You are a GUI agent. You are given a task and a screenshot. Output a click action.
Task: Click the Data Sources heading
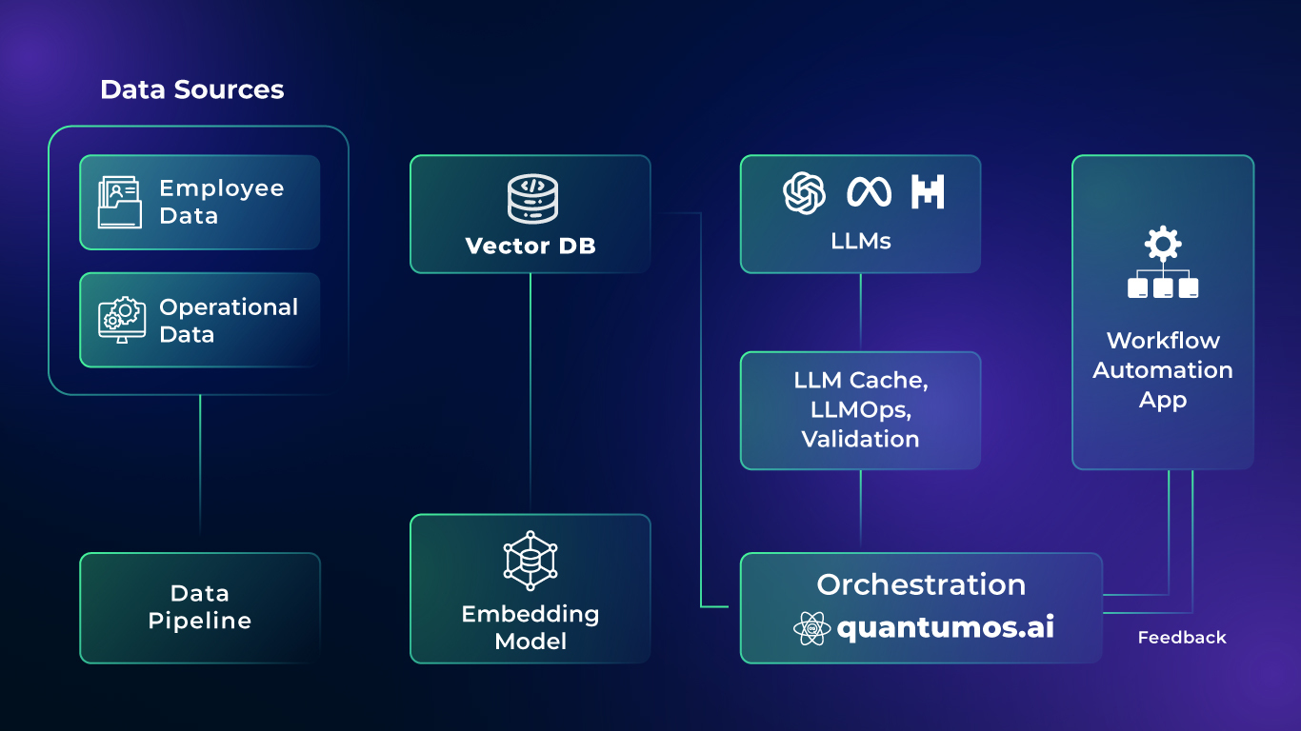tap(191, 89)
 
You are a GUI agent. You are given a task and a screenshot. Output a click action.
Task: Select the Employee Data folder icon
tap(119, 203)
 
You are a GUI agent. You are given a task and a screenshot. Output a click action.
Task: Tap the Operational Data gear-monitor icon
tap(121, 321)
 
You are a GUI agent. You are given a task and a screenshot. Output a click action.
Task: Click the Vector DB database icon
tap(531, 199)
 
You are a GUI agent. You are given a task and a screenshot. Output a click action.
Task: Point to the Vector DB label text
tap(530, 247)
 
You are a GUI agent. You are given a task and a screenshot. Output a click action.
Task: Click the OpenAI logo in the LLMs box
tap(805, 192)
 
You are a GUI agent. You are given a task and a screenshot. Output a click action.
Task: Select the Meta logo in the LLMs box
tap(869, 193)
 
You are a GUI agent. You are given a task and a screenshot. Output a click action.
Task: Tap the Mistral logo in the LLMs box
tap(928, 192)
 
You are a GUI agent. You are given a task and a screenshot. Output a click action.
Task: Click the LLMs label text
tap(860, 242)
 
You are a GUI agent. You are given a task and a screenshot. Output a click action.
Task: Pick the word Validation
tap(860, 439)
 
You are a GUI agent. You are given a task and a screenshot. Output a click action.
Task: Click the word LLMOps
tap(860, 409)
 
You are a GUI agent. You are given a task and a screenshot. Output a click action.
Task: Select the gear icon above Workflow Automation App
tap(1162, 245)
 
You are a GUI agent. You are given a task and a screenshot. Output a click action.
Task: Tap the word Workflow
tap(1163, 341)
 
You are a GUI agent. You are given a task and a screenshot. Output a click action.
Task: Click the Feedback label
tap(1182, 638)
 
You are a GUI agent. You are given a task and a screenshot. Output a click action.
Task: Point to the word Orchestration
tap(921, 584)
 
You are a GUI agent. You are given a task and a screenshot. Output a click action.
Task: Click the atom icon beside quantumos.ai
tap(811, 629)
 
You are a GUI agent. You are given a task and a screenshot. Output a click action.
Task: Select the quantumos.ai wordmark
tap(946, 628)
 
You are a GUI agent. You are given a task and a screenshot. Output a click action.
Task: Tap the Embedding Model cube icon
tap(530, 562)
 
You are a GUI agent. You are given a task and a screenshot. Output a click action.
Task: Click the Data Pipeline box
tap(200, 607)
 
